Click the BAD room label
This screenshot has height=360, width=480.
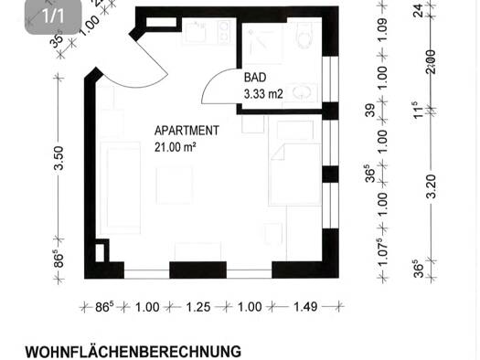pyautogui.click(x=255, y=78)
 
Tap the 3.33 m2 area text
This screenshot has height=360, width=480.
pyautogui.click(x=263, y=94)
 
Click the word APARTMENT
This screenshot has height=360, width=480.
pyautogui.click(x=187, y=131)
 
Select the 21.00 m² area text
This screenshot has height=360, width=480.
pyautogui.click(x=176, y=147)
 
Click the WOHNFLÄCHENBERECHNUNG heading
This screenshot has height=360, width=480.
pyautogui.click(x=133, y=352)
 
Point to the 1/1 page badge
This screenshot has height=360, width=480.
pyautogui.click(x=53, y=16)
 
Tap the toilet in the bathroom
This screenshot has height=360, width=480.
pyautogui.click(x=305, y=36)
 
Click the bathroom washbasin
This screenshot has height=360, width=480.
pyautogui.click(x=301, y=91)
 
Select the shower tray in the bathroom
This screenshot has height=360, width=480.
pyautogui.click(x=262, y=44)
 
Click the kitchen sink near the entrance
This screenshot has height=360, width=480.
pyautogui.click(x=195, y=32)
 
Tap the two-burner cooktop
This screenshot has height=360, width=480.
pyautogui.click(x=224, y=32)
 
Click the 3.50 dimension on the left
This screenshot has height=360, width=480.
pyautogui.click(x=59, y=158)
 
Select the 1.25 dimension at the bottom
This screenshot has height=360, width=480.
pyautogui.click(x=198, y=307)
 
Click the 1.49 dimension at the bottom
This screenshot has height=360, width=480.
pyautogui.click(x=305, y=307)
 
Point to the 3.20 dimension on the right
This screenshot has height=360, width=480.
pyautogui.click(x=432, y=186)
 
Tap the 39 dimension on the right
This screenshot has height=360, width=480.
pyautogui.click(x=369, y=111)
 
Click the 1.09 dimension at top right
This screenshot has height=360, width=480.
pyautogui.click(x=382, y=30)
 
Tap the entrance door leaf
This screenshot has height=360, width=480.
pyautogui.click(x=151, y=58)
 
